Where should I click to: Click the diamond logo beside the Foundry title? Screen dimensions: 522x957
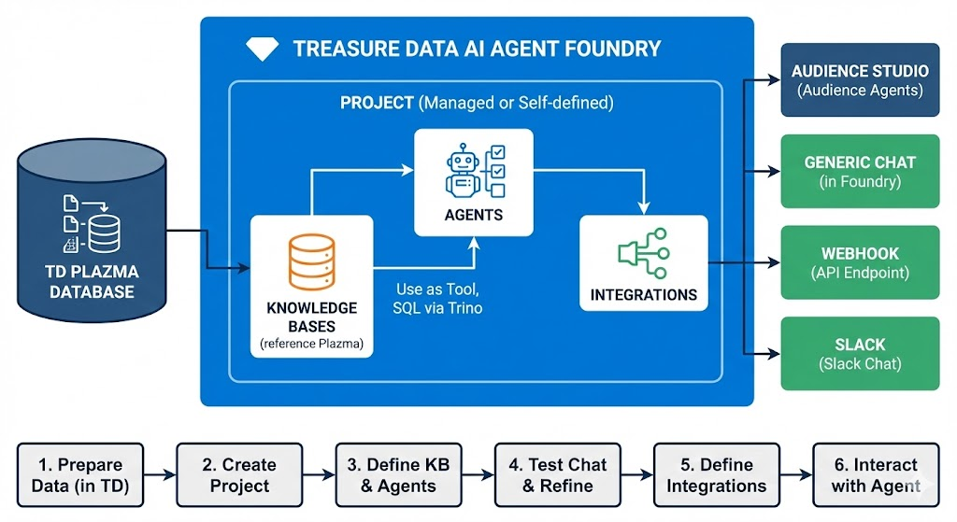click(x=263, y=49)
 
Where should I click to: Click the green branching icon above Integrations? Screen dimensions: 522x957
click(x=643, y=253)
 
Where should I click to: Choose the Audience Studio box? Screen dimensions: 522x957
click(x=860, y=80)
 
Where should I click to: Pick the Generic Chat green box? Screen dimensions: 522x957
click(x=860, y=171)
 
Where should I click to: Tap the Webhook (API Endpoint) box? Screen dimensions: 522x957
click(x=860, y=262)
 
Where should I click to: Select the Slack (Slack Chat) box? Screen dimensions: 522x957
click(x=860, y=353)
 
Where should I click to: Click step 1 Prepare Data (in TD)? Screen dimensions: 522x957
click(x=80, y=474)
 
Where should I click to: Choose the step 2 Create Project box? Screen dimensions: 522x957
click(x=240, y=474)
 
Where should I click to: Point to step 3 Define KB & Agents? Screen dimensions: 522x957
click(x=399, y=474)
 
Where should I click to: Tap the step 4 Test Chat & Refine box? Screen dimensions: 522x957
click(x=558, y=474)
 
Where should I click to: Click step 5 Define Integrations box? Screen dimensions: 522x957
click(x=717, y=474)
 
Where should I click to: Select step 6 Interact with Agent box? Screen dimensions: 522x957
click(x=875, y=474)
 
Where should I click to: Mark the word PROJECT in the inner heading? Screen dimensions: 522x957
click(x=377, y=103)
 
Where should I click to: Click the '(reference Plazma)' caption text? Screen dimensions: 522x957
click(x=311, y=345)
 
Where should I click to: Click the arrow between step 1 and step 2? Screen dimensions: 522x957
click(x=160, y=474)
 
